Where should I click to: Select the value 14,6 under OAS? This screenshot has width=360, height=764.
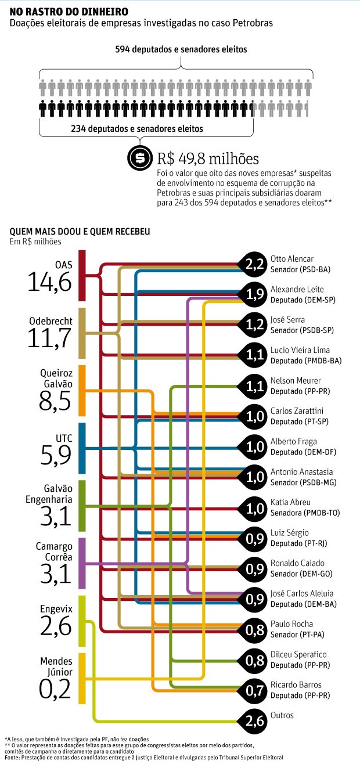(49, 283)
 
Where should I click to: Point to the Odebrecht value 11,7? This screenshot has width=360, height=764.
(49, 337)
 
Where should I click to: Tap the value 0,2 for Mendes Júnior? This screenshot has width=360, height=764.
(55, 689)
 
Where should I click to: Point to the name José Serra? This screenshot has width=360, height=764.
(287, 319)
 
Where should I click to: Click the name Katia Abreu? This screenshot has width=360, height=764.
(290, 502)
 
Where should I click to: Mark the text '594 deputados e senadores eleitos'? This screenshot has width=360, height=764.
(181, 50)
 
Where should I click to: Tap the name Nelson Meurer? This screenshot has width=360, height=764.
(292, 380)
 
